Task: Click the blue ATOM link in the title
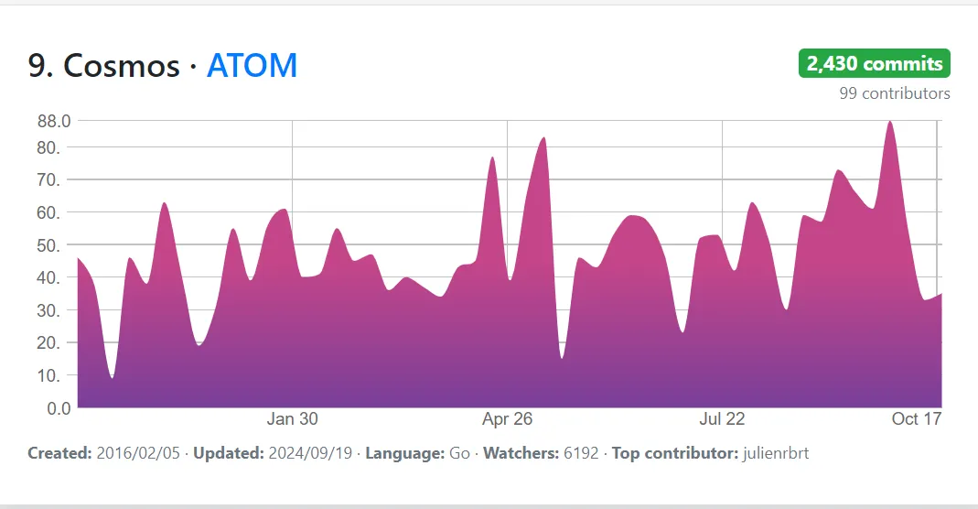point(252,66)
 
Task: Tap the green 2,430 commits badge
point(875,64)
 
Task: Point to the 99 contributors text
point(894,93)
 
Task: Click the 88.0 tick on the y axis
point(53,121)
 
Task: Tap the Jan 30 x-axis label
point(293,419)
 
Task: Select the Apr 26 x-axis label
point(507,419)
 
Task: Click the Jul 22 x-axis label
point(722,419)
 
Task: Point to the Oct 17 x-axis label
point(917,419)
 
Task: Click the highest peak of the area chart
point(889,123)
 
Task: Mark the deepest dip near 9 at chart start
point(112,376)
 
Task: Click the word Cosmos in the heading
point(121,66)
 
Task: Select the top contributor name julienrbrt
point(777,453)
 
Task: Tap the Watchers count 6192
point(582,453)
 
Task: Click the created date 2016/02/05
point(138,453)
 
